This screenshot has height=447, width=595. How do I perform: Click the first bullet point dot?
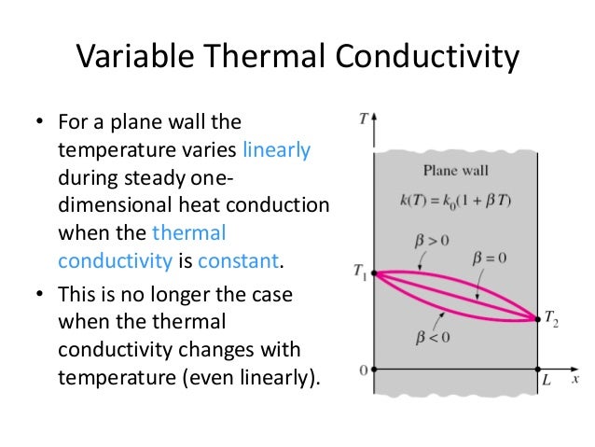pyautogui.click(x=40, y=122)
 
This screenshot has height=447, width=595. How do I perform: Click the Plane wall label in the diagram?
pyautogui.click(x=455, y=171)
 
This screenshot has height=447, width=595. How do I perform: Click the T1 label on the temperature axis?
pyautogui.click(x=359, y=272)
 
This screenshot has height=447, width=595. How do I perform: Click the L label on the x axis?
pyautogui.click(x=547, y=381)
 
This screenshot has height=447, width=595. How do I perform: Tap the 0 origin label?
pyautogui.click(x=364, y=370)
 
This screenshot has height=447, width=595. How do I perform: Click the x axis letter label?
pyautogui.click(x=576, y=379)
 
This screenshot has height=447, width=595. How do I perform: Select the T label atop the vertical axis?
pyautogui.click(x=362, y=119)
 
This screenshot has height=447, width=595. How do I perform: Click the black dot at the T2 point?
pyautogui.click(x=538, y=319)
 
